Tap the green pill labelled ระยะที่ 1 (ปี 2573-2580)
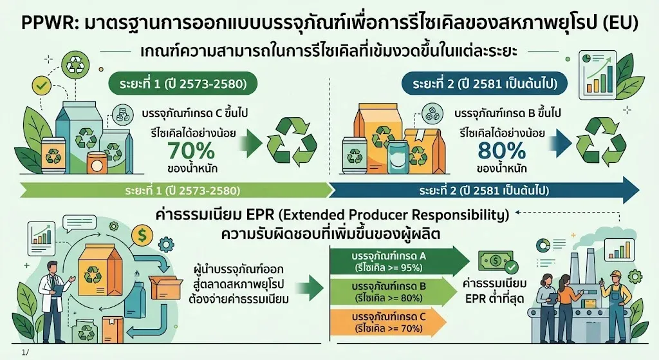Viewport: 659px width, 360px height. point(183,84)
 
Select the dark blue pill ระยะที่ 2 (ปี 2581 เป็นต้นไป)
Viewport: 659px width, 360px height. point(485,84)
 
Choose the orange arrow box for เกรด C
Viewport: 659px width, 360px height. point(388,322)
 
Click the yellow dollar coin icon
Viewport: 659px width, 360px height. point(142,236)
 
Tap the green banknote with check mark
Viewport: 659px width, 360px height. point(497,262)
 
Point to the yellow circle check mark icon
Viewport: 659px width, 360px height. point(41,86)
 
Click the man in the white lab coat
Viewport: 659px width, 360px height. point(53,294)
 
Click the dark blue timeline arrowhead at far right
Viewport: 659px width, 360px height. point(631,190)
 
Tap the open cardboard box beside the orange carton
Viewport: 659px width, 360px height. point(165,287)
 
